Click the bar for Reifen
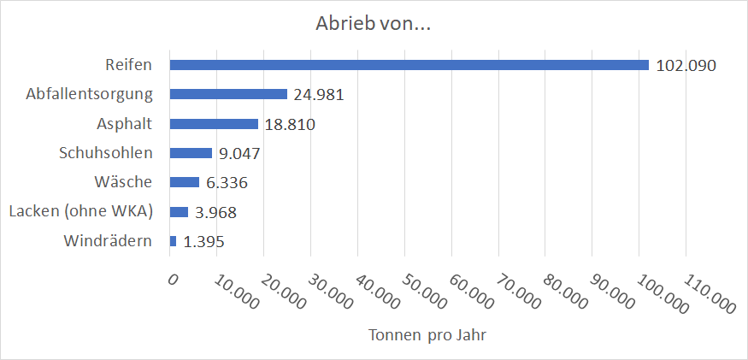click(x=409, y=65)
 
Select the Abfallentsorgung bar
click(x=228, y=94)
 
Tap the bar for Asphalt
click(x=214, y=124)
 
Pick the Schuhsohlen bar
click(x=191, y=153)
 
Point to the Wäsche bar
click(x=185, y=182)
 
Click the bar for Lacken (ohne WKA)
click(x=179, y=212)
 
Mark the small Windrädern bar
click(x=174, y=241)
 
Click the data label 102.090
click(x=686, y=66)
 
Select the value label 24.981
click(x=319, y=95)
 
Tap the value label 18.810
click(x=290, y=125)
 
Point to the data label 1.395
click(x=204, y=242)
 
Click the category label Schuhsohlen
click(x=105, y=153)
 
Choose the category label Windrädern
click(x=108, y=241)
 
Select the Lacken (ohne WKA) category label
click(x=80, y=212)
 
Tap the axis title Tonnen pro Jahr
click(x=427, y=334)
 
